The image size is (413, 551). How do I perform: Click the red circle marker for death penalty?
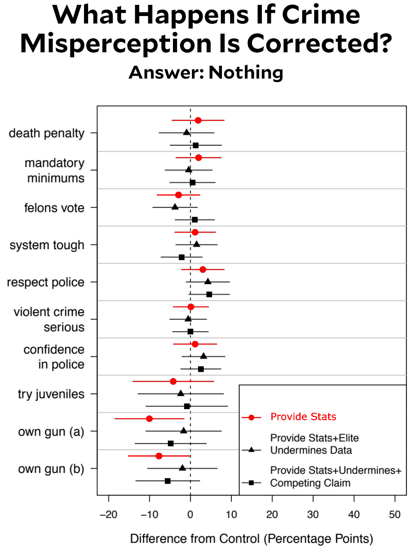[x=198, y=120]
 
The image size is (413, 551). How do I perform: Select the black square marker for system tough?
[x=182, y=257]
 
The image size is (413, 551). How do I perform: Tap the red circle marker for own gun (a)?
[x=149, y=419]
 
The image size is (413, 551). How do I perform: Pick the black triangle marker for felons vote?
[x=175, y=207]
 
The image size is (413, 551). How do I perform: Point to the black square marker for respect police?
[x=209, y=294]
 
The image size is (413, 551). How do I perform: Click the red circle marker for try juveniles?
[x=173, y=381]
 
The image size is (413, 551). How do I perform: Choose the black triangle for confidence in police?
[x=203, y=356]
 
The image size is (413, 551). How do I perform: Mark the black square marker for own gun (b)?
[x=168, y=481]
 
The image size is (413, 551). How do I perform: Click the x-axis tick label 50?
[x=394, y=514]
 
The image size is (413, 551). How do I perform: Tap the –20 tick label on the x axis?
[x=108, y=514]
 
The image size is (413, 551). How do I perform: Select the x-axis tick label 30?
[x=313, y=514]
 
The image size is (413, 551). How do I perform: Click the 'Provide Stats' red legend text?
[x=303, y=417]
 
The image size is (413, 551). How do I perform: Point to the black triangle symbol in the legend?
[x=251, y=450]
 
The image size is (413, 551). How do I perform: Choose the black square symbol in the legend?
[x=251, y=483]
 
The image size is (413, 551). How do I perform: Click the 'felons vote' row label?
[x=54, y=208]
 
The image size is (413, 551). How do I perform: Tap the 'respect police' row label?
[x=46, y=282]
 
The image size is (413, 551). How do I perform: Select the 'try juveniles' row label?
[x=51, y=394]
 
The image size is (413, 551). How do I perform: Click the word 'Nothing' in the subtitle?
[x=246, y=72]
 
